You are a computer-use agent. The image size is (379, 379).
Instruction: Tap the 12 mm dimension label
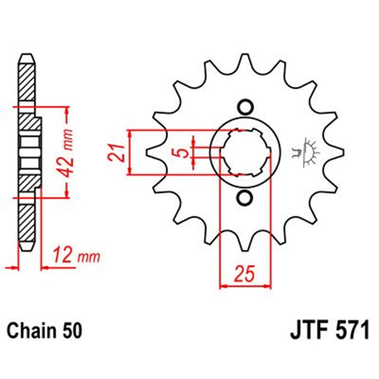[76, 256]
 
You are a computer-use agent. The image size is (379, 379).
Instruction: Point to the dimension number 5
[185, 152]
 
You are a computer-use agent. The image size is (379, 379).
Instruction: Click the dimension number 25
[244, 275]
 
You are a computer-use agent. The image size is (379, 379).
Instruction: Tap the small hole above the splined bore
[245, 107]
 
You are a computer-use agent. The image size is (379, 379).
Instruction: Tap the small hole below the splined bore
[245, 198]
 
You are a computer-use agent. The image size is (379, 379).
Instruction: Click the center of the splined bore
[245, 152]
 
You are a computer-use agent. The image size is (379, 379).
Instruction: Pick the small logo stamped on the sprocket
[308, 152]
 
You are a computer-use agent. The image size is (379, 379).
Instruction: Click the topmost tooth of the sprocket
[245, 62]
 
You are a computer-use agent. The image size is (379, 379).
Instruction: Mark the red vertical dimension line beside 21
[130, 152]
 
